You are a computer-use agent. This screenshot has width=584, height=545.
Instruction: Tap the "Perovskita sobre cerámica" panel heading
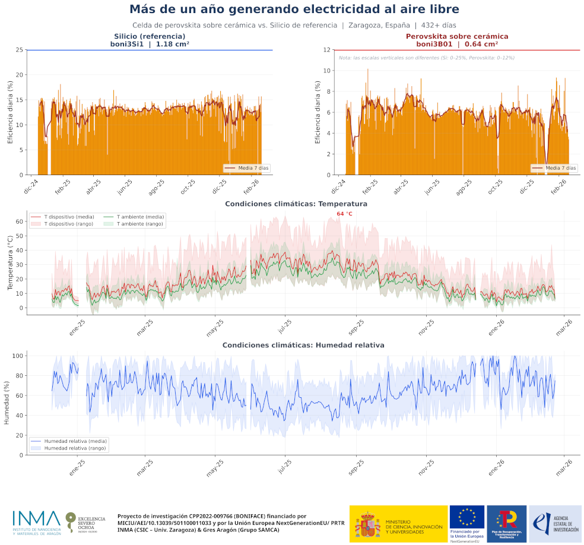(x=456, y=36)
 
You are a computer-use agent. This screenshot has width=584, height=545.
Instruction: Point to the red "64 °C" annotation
(x=344, y=214)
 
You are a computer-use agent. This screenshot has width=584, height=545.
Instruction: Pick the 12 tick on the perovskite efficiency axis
(x=327, y=50)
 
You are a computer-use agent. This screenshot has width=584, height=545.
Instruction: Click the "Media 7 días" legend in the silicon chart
(x=247, y=168)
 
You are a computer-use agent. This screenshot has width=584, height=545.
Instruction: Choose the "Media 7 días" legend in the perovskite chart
(x=554, y=168)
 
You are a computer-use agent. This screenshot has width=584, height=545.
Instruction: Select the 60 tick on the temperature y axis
(x=20, y=221)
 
